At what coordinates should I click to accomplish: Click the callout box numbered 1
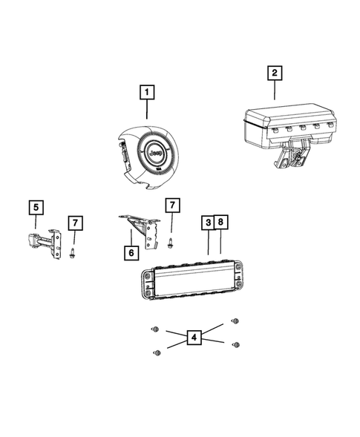click(148, 93)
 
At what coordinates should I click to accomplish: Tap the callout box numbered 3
click(209, 223)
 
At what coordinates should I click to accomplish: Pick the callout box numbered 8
click(222, 223)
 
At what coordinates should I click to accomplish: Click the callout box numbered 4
click(194, 338)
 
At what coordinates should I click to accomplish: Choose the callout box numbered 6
click(130, 252)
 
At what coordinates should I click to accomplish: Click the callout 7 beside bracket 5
click(75, 223)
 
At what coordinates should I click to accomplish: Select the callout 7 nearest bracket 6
click(171, 204)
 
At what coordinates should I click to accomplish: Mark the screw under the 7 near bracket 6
click(171, 242)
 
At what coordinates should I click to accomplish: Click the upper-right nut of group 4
click(236, 321)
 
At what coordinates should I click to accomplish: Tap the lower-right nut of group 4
click(236, 344)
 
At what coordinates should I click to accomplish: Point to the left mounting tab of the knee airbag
click(146, 282)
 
